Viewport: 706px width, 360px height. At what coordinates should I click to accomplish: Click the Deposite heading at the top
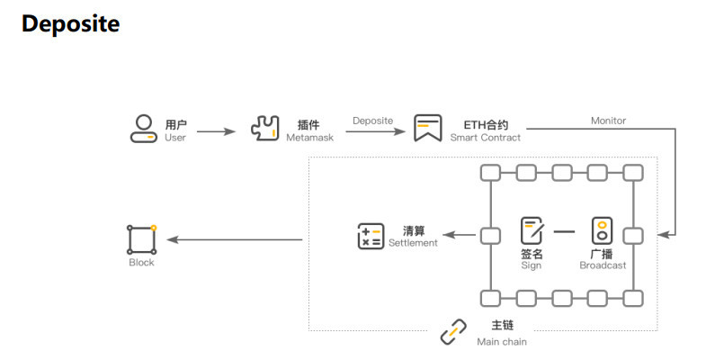click(70, 24)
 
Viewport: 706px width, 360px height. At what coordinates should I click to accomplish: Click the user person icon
click(142, 128)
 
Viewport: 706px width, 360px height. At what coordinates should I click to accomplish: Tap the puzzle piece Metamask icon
click(265, 128)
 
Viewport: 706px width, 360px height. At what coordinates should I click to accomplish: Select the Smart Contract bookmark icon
click(427, 128)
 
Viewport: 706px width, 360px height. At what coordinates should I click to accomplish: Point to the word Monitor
click(608, 121)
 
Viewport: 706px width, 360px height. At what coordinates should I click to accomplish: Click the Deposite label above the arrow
click(372, 121)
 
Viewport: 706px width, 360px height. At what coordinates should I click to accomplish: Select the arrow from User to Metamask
click(216, 131)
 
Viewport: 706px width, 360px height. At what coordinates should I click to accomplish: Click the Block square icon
click(141, 238)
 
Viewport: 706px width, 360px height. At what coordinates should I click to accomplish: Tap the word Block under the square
click(141, 263)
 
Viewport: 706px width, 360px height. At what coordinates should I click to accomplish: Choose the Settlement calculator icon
click(370, 236)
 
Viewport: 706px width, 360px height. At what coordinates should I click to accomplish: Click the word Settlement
click(413, 243)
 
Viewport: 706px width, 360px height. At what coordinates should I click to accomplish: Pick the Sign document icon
click(532, 230)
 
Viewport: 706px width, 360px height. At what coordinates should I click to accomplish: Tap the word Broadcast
click(603, 265)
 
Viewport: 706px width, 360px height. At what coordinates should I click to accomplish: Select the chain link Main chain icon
click(452, 332)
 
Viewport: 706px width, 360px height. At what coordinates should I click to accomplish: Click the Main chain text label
click(502, 341)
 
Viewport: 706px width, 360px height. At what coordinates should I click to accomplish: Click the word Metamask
click(308, 138)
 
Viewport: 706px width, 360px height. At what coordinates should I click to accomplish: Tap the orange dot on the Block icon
click(154, 227)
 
